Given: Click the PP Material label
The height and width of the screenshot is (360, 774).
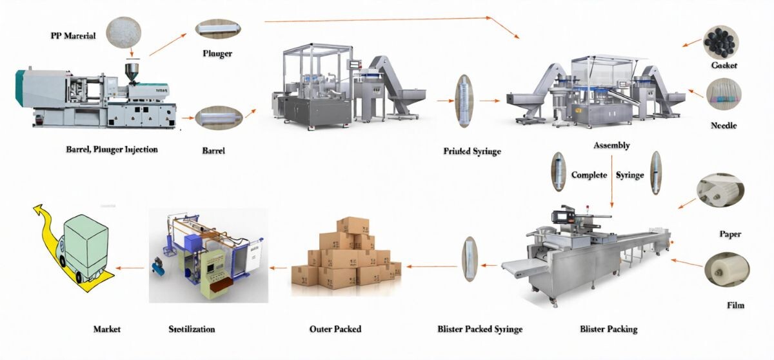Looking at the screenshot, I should pyautogui.click(x=73, y=36).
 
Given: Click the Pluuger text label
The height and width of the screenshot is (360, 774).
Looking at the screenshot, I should pyautogui.click(x=217, y=54).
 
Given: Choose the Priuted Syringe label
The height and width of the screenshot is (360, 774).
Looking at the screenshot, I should pyautogui.click(x=472, y=152).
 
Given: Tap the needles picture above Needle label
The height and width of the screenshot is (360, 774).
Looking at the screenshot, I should pyautogui.click(x=723, y=94).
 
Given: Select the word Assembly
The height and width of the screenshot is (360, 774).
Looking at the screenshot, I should pyautogui.click(x=611, y=146).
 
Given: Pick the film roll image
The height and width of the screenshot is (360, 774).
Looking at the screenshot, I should pyautogui.click(x=725, y=270).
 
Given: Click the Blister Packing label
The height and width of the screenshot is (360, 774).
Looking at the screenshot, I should pyautogui.click(x=608, y=329).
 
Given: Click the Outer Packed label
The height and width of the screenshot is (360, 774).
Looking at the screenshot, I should pyautogui.click(x=335, y=329).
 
